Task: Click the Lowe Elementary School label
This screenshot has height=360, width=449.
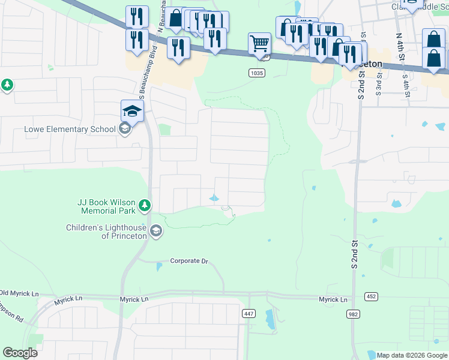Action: (x=69, y=129)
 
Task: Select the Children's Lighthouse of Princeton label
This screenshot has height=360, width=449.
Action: (x=106, y=231)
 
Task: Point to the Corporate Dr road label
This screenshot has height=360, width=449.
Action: (x=188, y=261)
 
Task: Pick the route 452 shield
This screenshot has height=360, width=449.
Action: (x=370, y=296)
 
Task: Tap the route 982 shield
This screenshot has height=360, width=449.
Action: (x=354, y=314)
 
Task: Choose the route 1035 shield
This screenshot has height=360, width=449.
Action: (x=257, y=73)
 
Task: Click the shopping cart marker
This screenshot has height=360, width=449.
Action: (x=259, y=43)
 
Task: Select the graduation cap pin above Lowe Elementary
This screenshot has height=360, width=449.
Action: (x=132, y=110)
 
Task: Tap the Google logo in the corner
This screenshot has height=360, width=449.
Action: (x=20, y=353)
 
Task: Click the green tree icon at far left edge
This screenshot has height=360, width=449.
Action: (x=7, y=85)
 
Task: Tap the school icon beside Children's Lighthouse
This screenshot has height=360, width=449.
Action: (x=156, y=231)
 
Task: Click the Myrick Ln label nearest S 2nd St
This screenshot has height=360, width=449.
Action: (x=333, y=299)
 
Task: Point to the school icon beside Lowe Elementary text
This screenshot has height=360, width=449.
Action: (x=125, y=129)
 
